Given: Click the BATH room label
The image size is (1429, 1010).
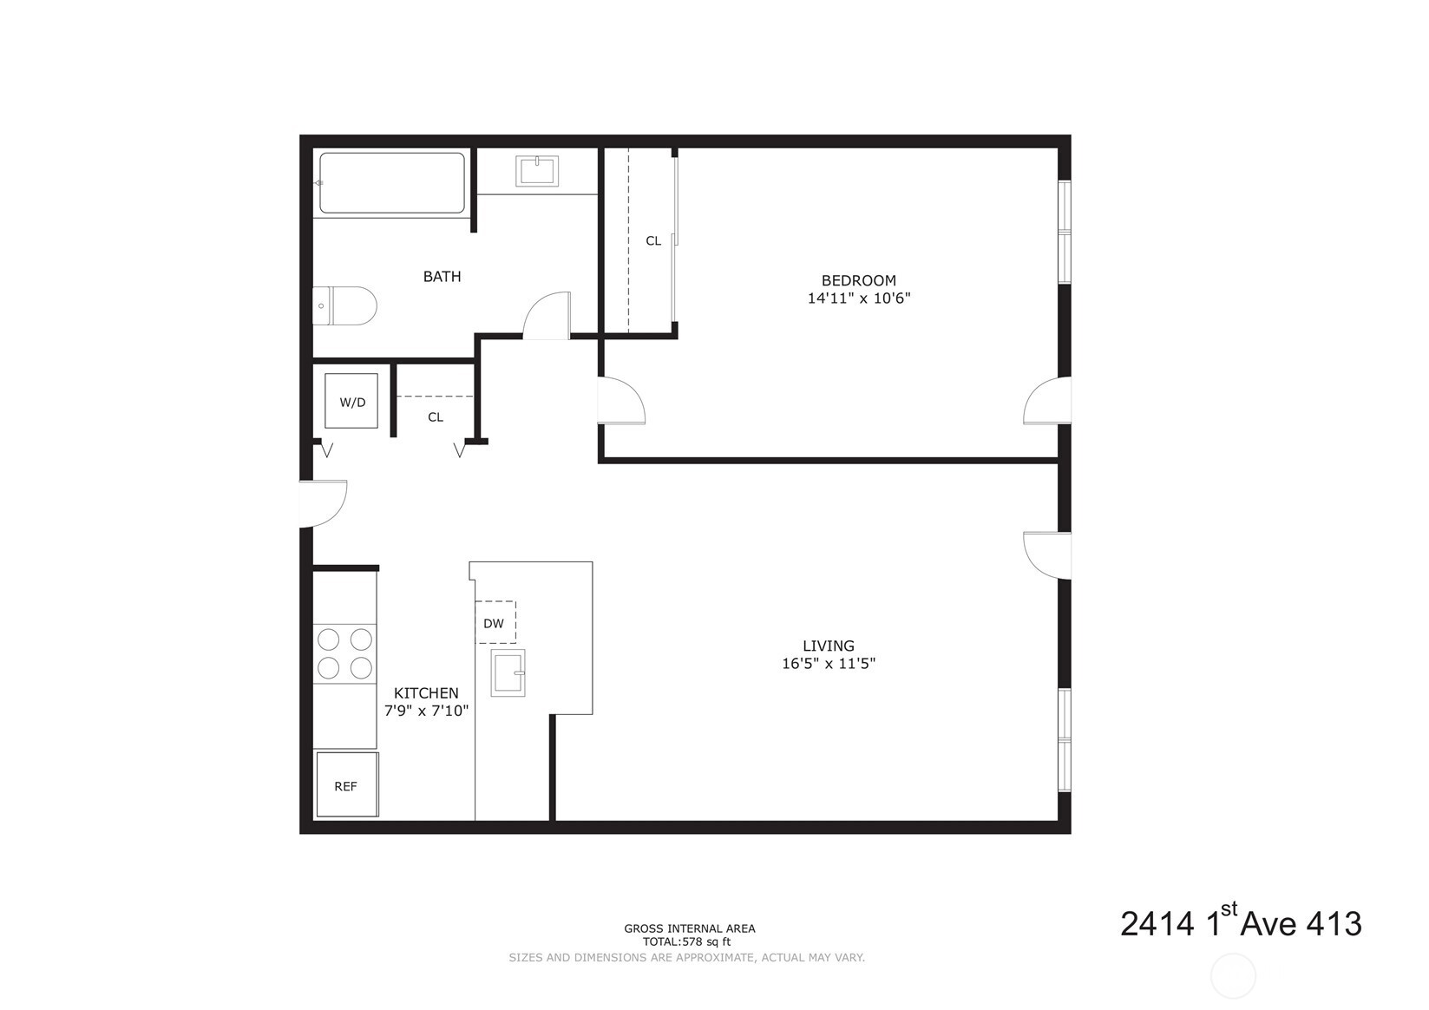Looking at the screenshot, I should tap(442, 277).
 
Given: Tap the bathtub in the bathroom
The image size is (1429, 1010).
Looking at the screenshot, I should tap(391, 183).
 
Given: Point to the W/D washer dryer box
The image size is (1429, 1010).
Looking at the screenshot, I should tap(351, 402).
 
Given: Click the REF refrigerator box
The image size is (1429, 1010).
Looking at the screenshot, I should tap(347, 785).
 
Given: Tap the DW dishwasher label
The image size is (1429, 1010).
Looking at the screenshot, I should tap(494, 623).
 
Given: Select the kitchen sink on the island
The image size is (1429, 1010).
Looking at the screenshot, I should tap(508, 672).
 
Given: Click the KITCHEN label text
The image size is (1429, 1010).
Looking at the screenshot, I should tap(426, 693).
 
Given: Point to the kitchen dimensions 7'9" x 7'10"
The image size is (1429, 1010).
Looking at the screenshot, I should tap(426, 711).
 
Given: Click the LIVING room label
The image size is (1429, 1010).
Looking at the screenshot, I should tap(829, 646).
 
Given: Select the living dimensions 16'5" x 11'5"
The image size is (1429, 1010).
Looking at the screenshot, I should tap(829, 664).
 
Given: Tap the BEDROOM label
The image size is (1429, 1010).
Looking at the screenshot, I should tap(858, 280).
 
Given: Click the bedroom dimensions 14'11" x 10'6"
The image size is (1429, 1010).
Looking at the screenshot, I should tap(858, 298).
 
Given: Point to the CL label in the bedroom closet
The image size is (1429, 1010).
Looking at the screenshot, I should tap(653, 241).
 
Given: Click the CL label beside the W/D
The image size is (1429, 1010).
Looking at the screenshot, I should tap(436, 417).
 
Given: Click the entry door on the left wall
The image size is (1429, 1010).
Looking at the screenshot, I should tap(321, 503).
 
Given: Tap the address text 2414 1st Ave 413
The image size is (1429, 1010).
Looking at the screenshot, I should tap(1241, 924).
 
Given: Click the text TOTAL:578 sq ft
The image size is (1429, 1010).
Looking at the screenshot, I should tap(686, 941).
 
